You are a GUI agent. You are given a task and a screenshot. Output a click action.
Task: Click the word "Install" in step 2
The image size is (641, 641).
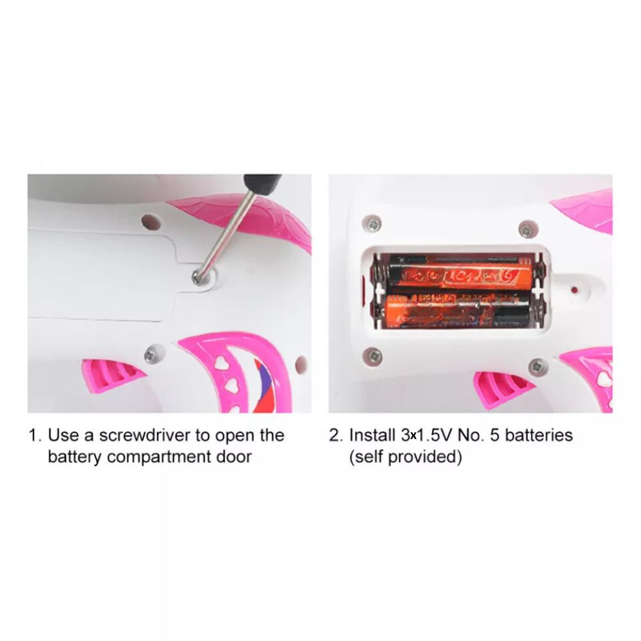point(372,435)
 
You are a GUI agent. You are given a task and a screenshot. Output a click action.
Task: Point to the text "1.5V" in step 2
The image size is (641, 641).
point(434,435)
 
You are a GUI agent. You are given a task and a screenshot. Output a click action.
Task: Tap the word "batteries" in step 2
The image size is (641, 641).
point(539,435)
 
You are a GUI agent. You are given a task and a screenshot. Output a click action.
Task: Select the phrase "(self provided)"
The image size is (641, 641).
point(405,456)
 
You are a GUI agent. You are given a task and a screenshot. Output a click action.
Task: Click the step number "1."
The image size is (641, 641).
point(35,435)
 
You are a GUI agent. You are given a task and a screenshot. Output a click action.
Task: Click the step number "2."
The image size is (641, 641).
point(337,435)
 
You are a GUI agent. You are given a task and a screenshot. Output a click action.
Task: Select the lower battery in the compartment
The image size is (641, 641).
point(458,311)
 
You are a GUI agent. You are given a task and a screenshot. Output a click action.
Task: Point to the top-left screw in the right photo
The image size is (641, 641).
point(372,224)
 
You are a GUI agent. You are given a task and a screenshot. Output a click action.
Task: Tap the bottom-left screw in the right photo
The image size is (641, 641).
point(373,356)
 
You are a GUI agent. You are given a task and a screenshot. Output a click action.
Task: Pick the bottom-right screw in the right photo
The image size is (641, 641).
point(538,366)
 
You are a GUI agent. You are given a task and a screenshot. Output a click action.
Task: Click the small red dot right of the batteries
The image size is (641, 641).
point(574,290)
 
